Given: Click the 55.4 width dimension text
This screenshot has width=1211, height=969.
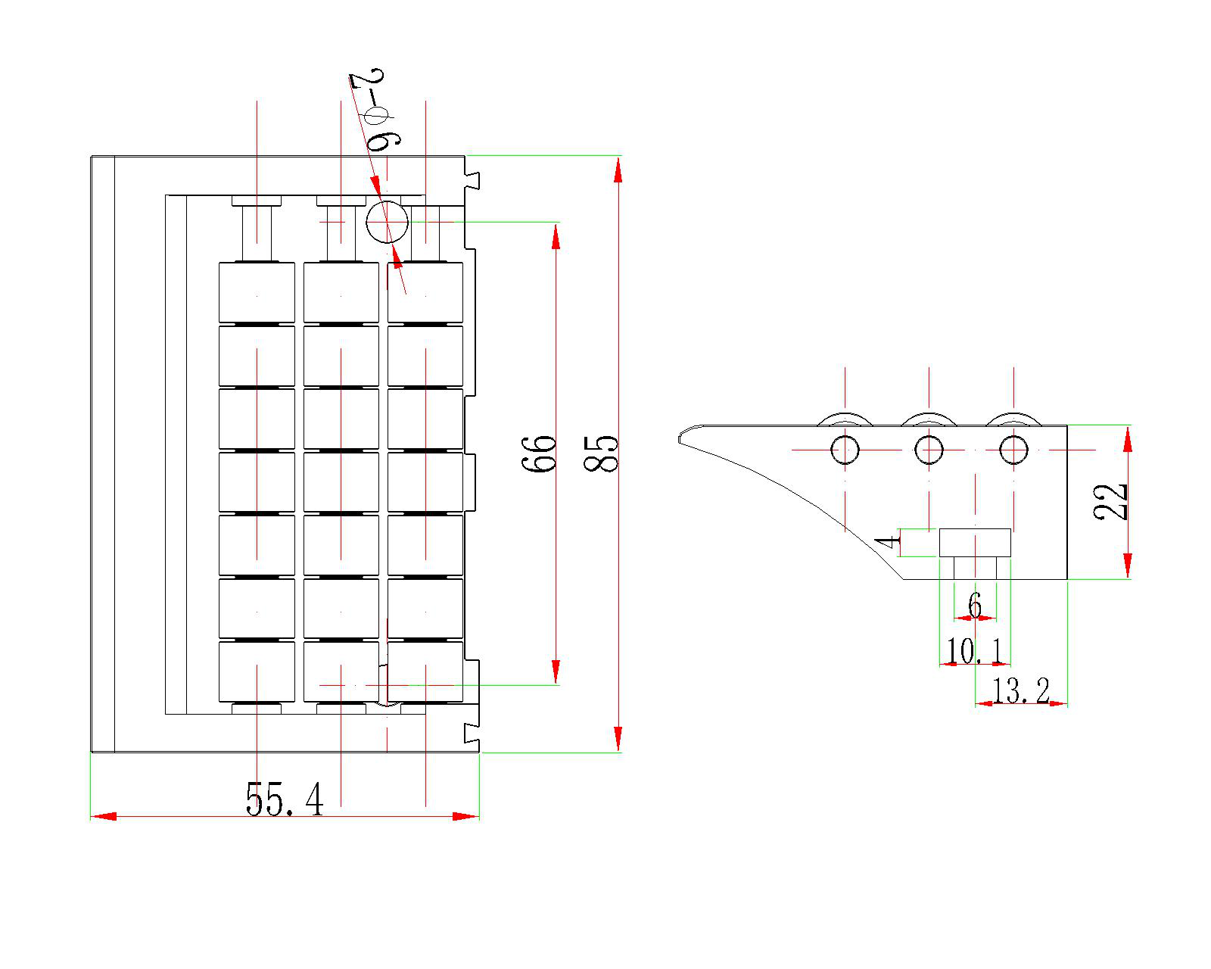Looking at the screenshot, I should (285, 799).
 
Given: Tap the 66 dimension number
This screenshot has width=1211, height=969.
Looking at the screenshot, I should (540, 453).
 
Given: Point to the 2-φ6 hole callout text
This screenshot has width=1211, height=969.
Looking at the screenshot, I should (376, 111).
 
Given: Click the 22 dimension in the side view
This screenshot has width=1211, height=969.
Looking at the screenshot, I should (1111, 501).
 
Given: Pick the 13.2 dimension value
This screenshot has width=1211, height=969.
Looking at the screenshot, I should (1021, 690).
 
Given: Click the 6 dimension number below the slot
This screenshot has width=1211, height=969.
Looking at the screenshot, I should (975, 606).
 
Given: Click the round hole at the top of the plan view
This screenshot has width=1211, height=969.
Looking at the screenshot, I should (387, 222).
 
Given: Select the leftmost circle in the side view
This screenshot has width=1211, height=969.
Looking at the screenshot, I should (845, 450).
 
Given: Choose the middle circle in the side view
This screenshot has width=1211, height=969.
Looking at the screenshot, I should (929, 450).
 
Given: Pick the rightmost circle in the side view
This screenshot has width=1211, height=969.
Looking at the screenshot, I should (1013, 450).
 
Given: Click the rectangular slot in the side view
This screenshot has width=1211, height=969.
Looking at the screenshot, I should (975, 543).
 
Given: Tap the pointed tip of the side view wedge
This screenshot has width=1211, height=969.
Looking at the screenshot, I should (680, 438).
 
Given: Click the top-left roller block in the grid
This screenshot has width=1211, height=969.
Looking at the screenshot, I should (257, 292).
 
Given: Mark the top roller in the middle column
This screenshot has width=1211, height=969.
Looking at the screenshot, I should (341, 292).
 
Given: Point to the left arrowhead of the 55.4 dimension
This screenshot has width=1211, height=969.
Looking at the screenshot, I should (103, 817).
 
